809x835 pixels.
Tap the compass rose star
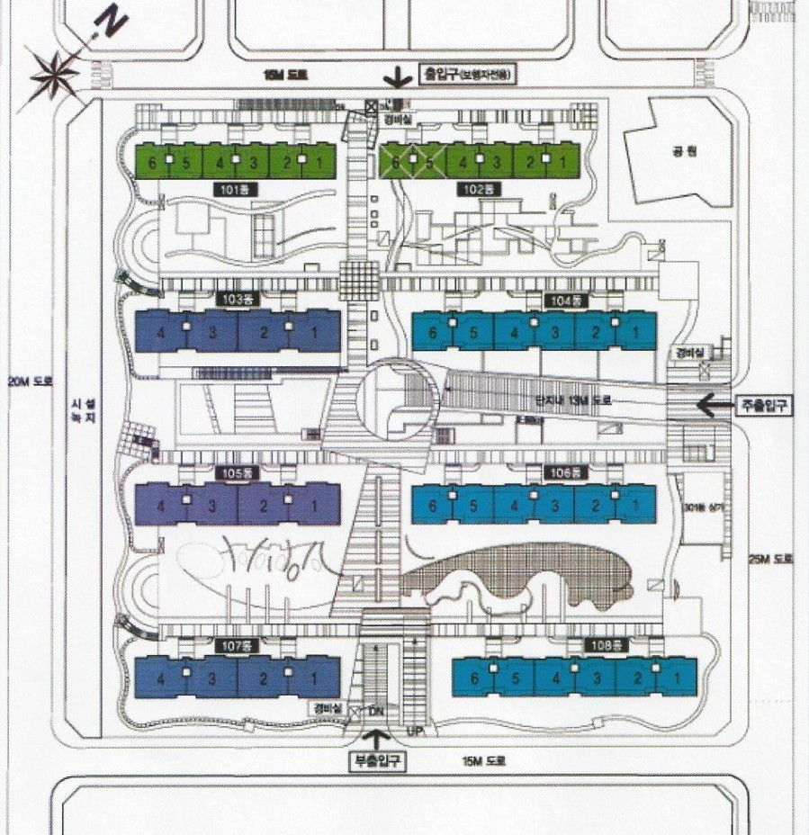point(57,76)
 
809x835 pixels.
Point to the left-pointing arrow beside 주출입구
point(716,406)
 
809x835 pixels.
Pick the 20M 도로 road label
point(31,381)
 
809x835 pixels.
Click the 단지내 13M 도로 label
point(572,399)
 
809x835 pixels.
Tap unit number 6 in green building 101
point(154,163)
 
